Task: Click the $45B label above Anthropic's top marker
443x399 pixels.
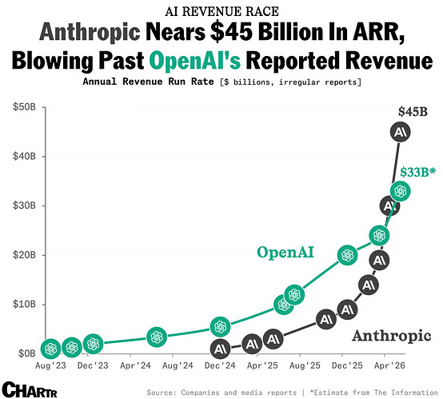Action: point(413,112)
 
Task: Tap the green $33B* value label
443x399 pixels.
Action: point(418,172)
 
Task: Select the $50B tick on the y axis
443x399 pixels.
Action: point(24,107)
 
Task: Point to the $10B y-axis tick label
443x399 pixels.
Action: point(24,304)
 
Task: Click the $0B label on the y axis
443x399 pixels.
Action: point(27,353)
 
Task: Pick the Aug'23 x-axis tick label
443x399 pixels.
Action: point(50,365)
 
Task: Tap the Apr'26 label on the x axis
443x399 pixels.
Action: point(389,365)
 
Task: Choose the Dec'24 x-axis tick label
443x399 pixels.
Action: point(220,365)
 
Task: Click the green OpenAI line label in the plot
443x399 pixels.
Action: point(285,252)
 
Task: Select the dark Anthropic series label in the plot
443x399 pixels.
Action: point(391,335)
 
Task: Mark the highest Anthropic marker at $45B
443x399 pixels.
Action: point(400,132)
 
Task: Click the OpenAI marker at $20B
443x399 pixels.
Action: point(347,255)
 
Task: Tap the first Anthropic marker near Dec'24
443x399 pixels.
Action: point(220,349)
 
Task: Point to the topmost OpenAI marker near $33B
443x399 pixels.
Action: point(400,191)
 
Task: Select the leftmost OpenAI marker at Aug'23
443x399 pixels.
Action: point(51,349)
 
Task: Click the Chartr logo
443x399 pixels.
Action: point(30,389)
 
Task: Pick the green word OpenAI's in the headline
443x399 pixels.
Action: point(195,61)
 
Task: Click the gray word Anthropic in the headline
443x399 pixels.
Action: point(90,32)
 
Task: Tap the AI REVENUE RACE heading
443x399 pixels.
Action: point(221,11)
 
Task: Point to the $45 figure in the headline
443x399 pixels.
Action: point(231,32)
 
